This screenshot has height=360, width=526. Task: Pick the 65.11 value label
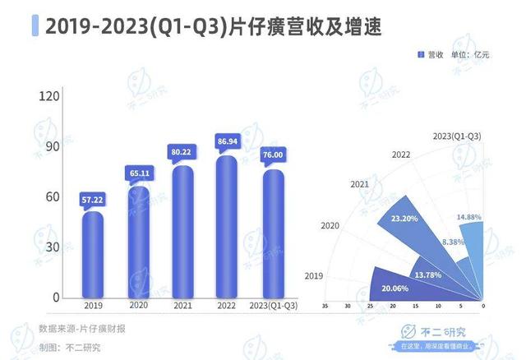pos(138,173)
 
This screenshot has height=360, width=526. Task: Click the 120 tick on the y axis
pos(50,97)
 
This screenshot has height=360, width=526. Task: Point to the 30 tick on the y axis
pos(53,247)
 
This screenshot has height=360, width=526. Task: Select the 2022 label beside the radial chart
pos(401,155)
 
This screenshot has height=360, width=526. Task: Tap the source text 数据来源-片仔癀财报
pos(82,329)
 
